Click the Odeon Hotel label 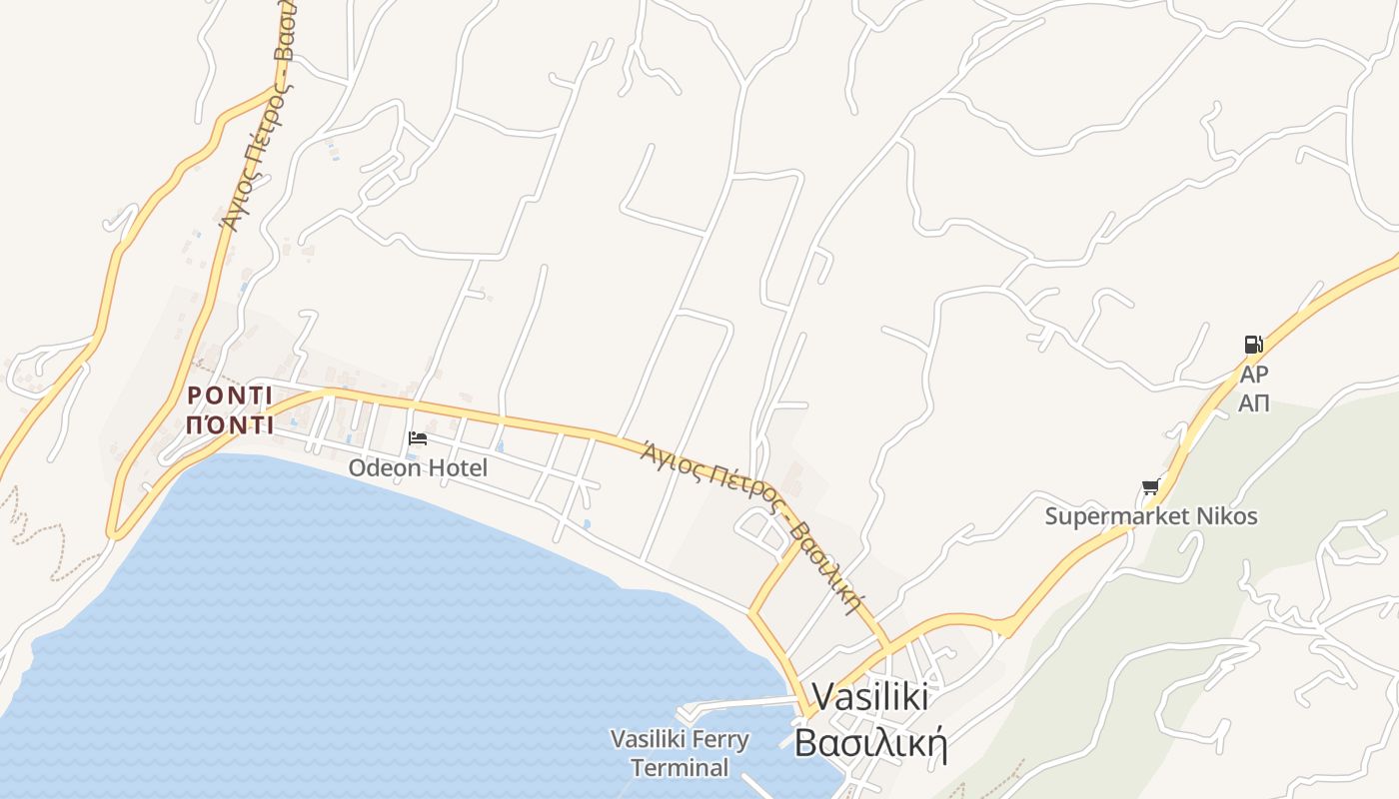click(x=418, y=467)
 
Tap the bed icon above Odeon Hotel click(x=418, y=438)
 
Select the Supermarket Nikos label click(x=1151, y=516)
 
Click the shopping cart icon click(x=1150, y=487)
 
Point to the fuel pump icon click(x=1252, y=345)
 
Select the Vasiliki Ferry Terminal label click(x=680, y=753)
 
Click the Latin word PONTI click(x=230, y=396)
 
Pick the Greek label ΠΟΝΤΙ click(x=230, y=425)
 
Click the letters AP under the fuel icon click(x=1253, y=375)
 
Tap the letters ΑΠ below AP click(x=1253, y=403)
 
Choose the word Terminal click(x=680, y=768)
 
